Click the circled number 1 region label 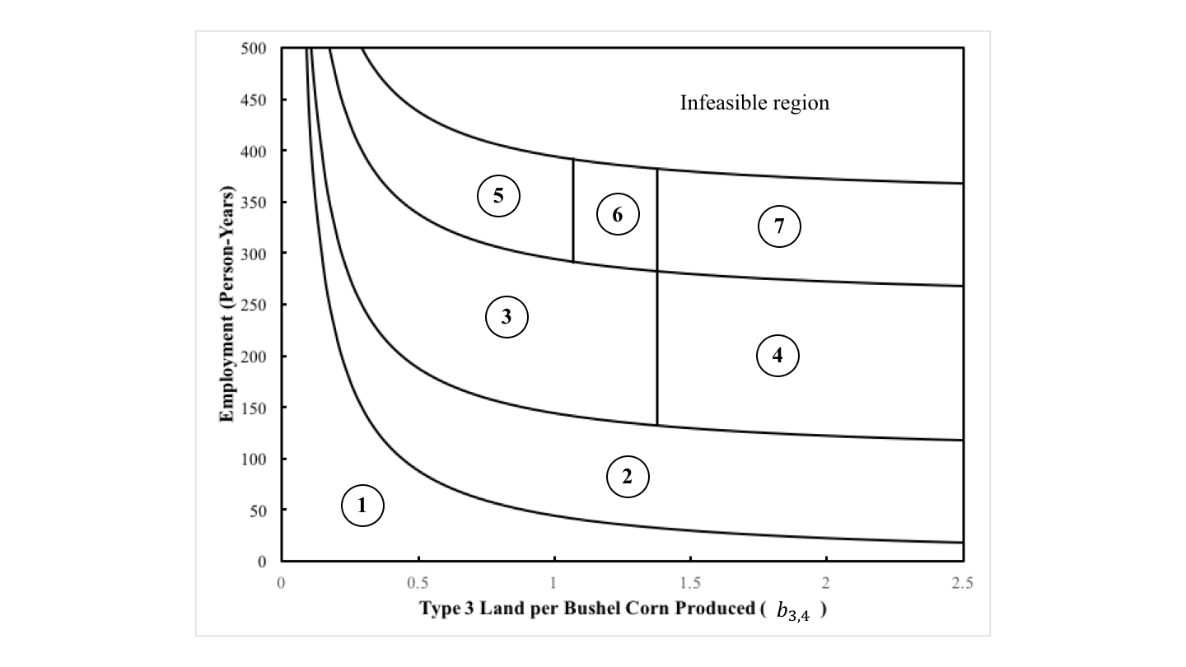coord(363,505)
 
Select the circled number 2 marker coord(628,477)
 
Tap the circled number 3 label coord(507,318)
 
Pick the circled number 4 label coord(777,355)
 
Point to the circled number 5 coord(498,196)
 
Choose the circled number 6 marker coord(618,214)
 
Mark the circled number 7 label coord(779,226)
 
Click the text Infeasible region coord(754,104)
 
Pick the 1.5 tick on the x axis coord(689,583)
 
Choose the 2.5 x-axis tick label coord(962,583)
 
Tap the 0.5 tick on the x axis coord(418,583)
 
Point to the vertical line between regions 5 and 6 coord(573,211)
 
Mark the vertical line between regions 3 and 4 coord(657,346)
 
